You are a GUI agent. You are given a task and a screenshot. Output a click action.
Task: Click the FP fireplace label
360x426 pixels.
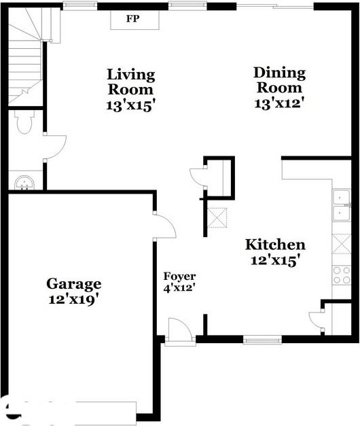(132, 19)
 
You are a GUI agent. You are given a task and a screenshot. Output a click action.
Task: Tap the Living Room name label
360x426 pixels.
(130, 82)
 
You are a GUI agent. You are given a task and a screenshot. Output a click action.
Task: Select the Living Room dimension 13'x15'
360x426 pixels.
(130, 105)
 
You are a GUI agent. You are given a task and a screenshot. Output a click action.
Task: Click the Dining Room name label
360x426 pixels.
(279, 80)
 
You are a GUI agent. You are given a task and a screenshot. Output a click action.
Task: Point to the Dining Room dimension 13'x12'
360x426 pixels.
(279, 103)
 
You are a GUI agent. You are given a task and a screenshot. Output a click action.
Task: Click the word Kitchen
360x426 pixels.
(275, 245)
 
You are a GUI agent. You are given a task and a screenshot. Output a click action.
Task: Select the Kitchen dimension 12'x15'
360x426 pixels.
(275, 261)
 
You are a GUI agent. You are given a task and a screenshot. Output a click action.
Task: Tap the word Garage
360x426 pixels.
(74, 284)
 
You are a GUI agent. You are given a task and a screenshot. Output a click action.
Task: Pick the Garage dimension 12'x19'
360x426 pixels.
(74, 299)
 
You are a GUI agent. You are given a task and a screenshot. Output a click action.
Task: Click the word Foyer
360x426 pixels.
(179, 277)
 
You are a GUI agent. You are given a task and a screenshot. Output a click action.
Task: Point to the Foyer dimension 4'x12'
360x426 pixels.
(179, 289)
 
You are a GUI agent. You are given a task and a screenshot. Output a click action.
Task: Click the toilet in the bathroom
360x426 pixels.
(24, 122)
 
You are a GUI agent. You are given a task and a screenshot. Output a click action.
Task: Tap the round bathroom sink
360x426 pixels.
(25, 182)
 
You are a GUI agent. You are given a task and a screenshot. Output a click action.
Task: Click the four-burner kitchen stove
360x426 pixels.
(341, 274)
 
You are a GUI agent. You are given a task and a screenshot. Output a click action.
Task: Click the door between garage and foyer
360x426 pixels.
(164, 226)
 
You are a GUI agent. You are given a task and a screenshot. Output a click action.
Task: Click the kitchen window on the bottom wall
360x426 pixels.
(262, 339)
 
